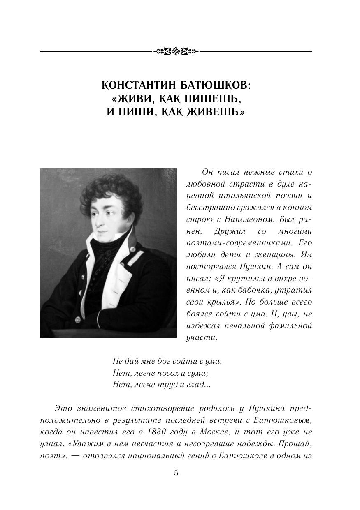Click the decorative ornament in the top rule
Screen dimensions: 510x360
pos(176,51)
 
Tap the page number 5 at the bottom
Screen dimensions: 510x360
pos(176,473)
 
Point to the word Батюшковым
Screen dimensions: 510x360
pos(280,421)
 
